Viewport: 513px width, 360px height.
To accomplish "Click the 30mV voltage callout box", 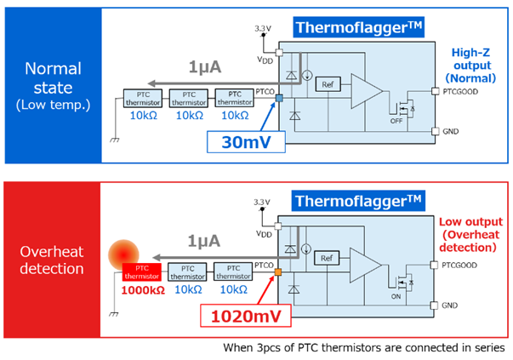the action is point(246,142).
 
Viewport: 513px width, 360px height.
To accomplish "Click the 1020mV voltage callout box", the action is point(245,316).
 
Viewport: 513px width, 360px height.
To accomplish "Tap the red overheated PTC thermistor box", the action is point(142,272).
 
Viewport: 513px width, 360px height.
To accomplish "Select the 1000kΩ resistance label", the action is point(143,290).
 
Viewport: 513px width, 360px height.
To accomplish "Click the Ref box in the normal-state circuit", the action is point(328,84).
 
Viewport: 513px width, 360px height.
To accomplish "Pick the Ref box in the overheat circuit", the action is point(327,258).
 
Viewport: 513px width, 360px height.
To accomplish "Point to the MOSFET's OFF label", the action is point(396,121).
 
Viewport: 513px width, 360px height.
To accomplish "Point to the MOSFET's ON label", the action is point(396,296).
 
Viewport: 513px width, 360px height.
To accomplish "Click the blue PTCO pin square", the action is point(279,98).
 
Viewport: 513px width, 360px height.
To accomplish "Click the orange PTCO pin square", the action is point(277,272).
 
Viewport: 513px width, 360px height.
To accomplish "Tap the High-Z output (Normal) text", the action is point(470,66).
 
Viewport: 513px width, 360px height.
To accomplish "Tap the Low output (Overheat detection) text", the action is point(470,235).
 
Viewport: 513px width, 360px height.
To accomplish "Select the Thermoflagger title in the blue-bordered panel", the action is point(358,27).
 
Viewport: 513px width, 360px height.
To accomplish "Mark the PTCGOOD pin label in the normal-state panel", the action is point(460,92).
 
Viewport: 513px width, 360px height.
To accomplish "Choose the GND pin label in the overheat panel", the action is point(449,306).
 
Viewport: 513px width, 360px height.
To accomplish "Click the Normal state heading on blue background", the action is point(53,87).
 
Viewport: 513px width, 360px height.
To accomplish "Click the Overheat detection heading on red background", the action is point(52,260).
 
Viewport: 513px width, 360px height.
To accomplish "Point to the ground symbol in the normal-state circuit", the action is point(115,140).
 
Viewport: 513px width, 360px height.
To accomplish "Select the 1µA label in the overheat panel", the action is point(204,241).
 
